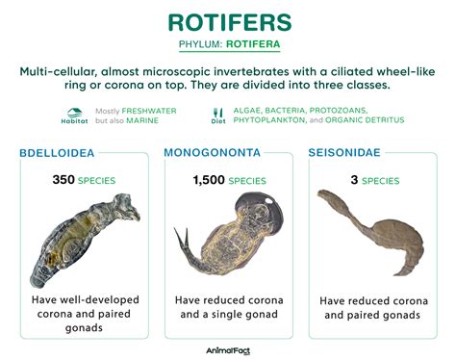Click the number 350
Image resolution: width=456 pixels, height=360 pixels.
coord(65,180)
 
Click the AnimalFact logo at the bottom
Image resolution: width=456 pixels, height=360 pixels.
coord(228,350)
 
